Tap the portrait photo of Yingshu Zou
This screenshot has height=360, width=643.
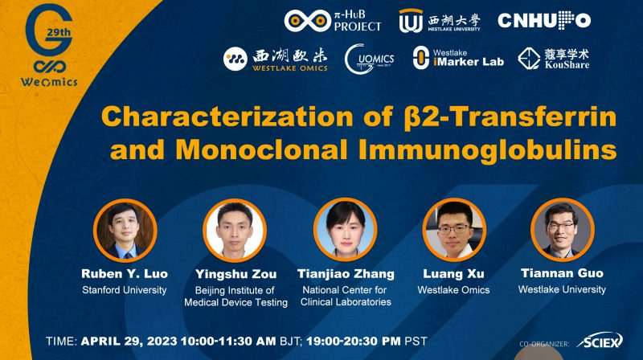click(x=235, y=228)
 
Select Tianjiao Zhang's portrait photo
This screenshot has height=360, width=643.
click(x=345, y=228)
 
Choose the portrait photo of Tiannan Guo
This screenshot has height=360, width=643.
click(x=562, y=228)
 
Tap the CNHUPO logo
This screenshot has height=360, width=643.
click(x=544, y=21)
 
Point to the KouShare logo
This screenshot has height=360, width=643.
click(x=554, y=58)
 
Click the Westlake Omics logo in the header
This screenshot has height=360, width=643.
click(x=276, y=58)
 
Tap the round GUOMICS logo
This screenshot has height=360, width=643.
click(x=368, y=59)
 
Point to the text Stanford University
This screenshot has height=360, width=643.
click(x=125, y=289)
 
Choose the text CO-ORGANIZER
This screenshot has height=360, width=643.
click(x=544, y=343)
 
